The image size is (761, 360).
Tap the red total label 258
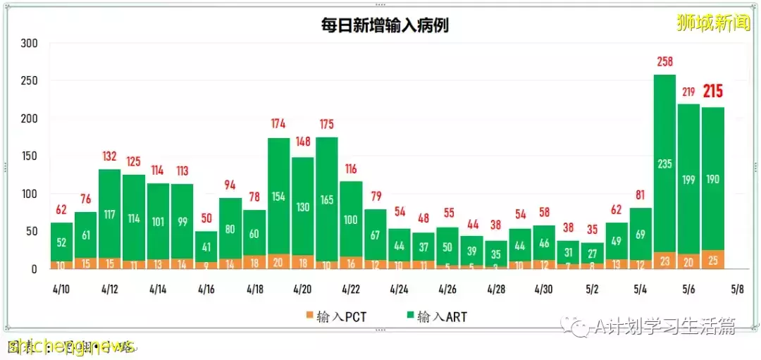point(664,63)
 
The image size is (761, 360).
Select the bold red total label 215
point(712,92)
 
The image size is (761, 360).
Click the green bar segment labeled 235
point(664,163)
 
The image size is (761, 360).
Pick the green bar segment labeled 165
point(326,199)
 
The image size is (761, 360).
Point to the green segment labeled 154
point(278,196)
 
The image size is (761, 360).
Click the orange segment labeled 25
point(712,260)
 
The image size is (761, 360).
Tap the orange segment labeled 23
point(664,261)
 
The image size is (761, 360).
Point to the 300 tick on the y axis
point(29,44)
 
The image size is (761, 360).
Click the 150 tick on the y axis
point(29,156)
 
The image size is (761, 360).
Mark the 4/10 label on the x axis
point(61,289)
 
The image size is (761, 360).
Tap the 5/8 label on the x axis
point(736,289)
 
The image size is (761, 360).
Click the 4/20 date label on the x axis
point(302,289)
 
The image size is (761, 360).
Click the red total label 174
point(278,125)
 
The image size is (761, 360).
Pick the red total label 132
point(109,156)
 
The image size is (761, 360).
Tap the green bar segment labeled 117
point(109,213)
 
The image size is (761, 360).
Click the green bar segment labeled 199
point(688,180)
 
